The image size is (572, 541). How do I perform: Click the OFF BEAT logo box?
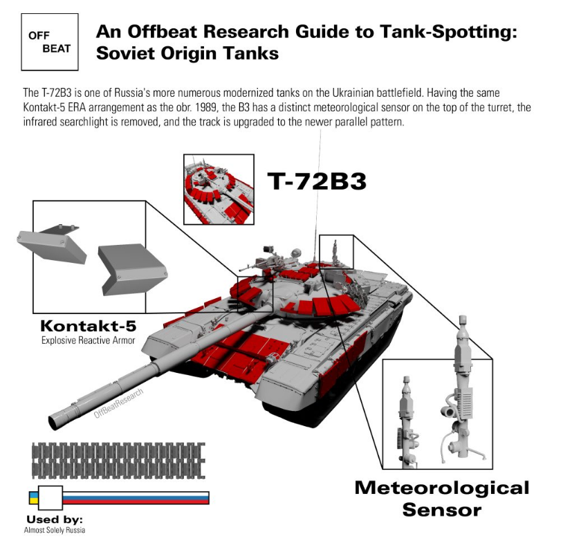pos(49,42)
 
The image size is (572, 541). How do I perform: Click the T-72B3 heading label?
pos(316,182)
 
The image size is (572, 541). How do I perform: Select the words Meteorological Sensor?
pos(441,498)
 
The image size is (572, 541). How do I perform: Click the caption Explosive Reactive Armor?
pos(89,340)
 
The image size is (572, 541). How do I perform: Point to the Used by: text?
pos(55,519)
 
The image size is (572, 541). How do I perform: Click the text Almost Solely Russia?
pos(55,530)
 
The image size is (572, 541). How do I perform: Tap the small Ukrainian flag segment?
pos(33,497)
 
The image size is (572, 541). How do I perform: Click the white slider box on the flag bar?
pos(50,497)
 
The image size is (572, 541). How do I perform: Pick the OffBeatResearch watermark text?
pos(119,404)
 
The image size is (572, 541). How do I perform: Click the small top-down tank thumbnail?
pos(219,188)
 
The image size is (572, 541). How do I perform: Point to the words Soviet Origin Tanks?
pos(187,53)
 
